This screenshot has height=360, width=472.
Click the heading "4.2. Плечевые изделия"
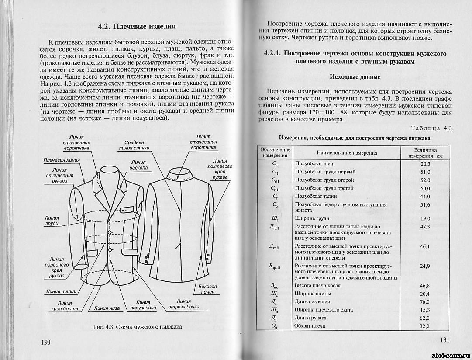[x=137, y=26]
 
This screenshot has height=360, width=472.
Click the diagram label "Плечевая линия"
[x=62, y=160]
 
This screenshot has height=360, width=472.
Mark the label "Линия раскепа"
[x=139, y=165]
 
